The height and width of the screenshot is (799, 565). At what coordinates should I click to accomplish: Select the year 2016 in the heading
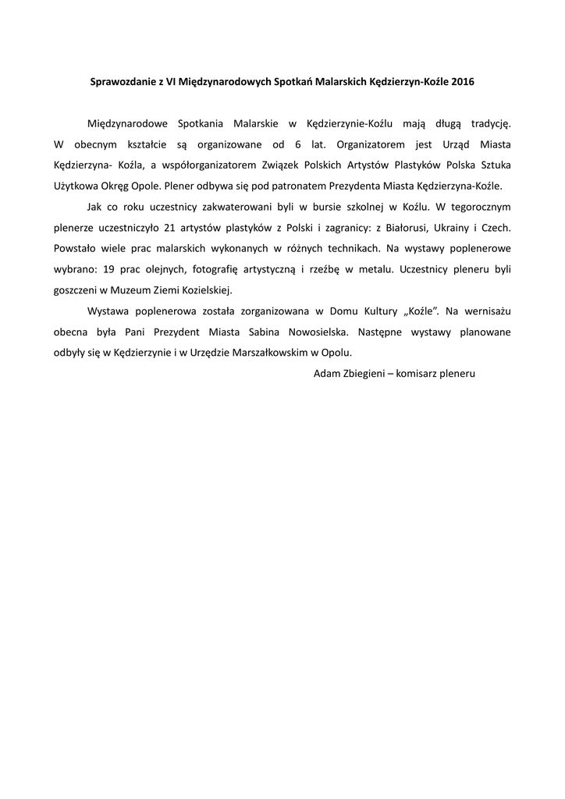461,81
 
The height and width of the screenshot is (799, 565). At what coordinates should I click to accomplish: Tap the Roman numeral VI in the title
171,81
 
